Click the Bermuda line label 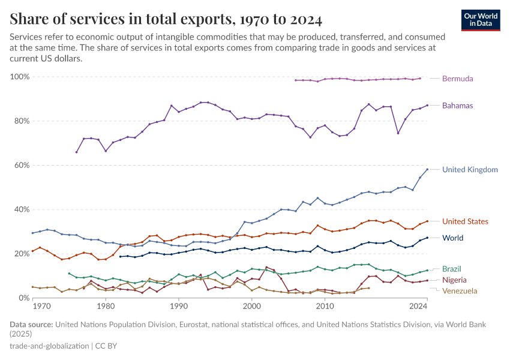point(457,79)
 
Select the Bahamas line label point(457,106)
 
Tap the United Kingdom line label point(470,170)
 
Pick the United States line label point(465,221)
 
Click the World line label point(452,238)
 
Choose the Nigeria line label point(454,280)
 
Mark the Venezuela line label point(460,291)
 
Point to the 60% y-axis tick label point(22,165)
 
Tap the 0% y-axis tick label point(25,298)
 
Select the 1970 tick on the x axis point(41,307)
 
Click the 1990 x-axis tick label point(179,307)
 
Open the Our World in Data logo point(481,20)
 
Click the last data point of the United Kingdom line point(427,169)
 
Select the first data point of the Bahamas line point(76,152)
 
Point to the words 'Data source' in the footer point(31,325)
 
